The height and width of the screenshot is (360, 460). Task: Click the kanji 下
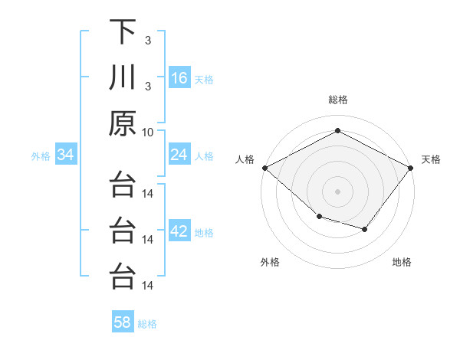123,33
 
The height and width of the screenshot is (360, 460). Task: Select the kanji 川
123,78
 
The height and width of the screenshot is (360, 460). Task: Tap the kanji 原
123,123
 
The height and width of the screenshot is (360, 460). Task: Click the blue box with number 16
179,78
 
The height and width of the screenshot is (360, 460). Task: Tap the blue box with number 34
66,155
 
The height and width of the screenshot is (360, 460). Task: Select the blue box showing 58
123,322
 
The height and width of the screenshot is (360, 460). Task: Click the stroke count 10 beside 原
148,131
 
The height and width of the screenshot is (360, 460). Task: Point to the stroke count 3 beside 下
147,41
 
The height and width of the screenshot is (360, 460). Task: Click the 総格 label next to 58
147,324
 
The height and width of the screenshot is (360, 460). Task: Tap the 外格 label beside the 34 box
41,156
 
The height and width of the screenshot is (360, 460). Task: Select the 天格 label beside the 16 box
204,79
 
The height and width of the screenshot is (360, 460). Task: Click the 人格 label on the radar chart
245,159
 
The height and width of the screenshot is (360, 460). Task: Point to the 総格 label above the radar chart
337,100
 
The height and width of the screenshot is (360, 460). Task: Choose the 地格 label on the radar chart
402,262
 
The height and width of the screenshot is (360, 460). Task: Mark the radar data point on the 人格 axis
264,167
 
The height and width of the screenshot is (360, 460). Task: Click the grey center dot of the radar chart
337,191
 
